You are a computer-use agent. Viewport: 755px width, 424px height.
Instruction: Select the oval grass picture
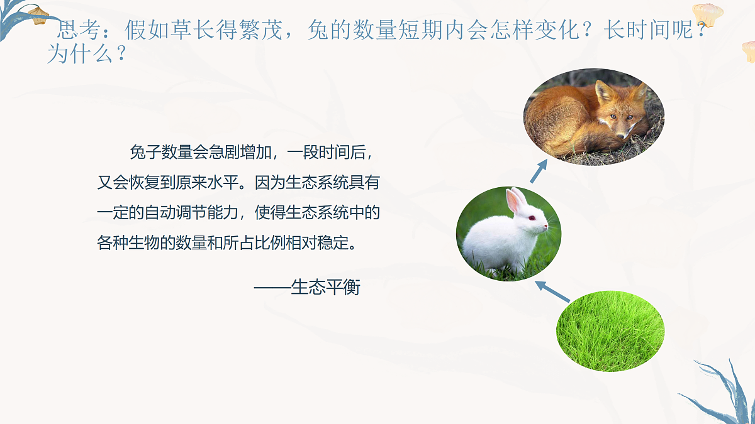click(610, 330)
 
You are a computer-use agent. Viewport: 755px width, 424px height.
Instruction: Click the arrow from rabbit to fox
click(539, 171)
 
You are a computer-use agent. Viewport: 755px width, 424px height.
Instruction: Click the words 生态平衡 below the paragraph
click(325, 288)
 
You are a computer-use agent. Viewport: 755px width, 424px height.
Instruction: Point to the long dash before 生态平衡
click(272, 288)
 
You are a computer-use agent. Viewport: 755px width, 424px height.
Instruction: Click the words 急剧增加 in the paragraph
click(239, 153)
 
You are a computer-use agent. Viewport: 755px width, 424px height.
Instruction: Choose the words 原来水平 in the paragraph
click(208, 183)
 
